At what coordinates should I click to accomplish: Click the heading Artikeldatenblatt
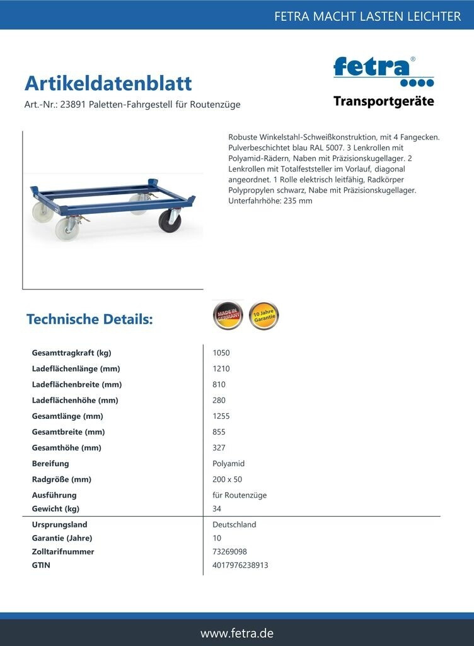coord(108,83)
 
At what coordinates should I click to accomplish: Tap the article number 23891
coord(72,105)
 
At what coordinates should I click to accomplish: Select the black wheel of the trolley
coord(170,220)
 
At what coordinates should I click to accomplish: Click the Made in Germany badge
coord(228,315)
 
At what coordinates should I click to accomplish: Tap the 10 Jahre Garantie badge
coord(263,315)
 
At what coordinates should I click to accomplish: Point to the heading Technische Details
coord(90,319)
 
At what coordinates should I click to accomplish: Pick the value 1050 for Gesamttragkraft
coord(221,353)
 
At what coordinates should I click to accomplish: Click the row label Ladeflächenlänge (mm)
coord(76,369)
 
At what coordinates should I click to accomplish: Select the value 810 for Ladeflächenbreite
coord(219,385)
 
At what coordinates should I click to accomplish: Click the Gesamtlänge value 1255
coord(221,416)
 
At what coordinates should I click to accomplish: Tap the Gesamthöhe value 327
coord(219,448)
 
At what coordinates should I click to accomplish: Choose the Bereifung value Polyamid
coord(228,464)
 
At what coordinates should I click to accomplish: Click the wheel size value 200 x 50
coord(228,479)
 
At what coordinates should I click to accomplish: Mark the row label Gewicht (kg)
coord(55,509)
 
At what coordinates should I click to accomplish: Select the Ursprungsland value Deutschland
coord(234,525)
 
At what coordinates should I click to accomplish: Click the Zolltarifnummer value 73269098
coord(230,552)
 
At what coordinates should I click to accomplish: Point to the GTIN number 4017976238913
coord(240,565)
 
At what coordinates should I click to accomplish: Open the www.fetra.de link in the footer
coord(237,633)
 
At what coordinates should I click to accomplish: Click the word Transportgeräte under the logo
coord(383,102)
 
